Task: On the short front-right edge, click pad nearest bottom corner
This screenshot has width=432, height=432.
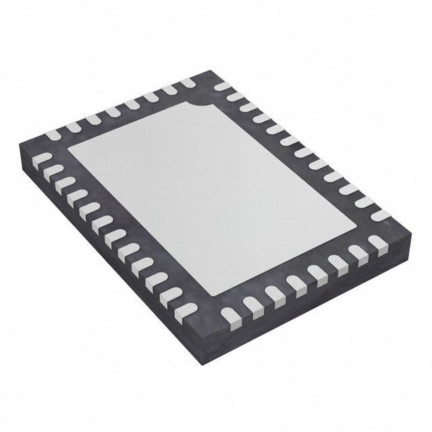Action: [x=230, y=315]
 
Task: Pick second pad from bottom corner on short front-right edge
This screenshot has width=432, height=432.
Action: [x=252, y=304]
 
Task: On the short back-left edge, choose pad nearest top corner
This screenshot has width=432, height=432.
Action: [x=187, y=83]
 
